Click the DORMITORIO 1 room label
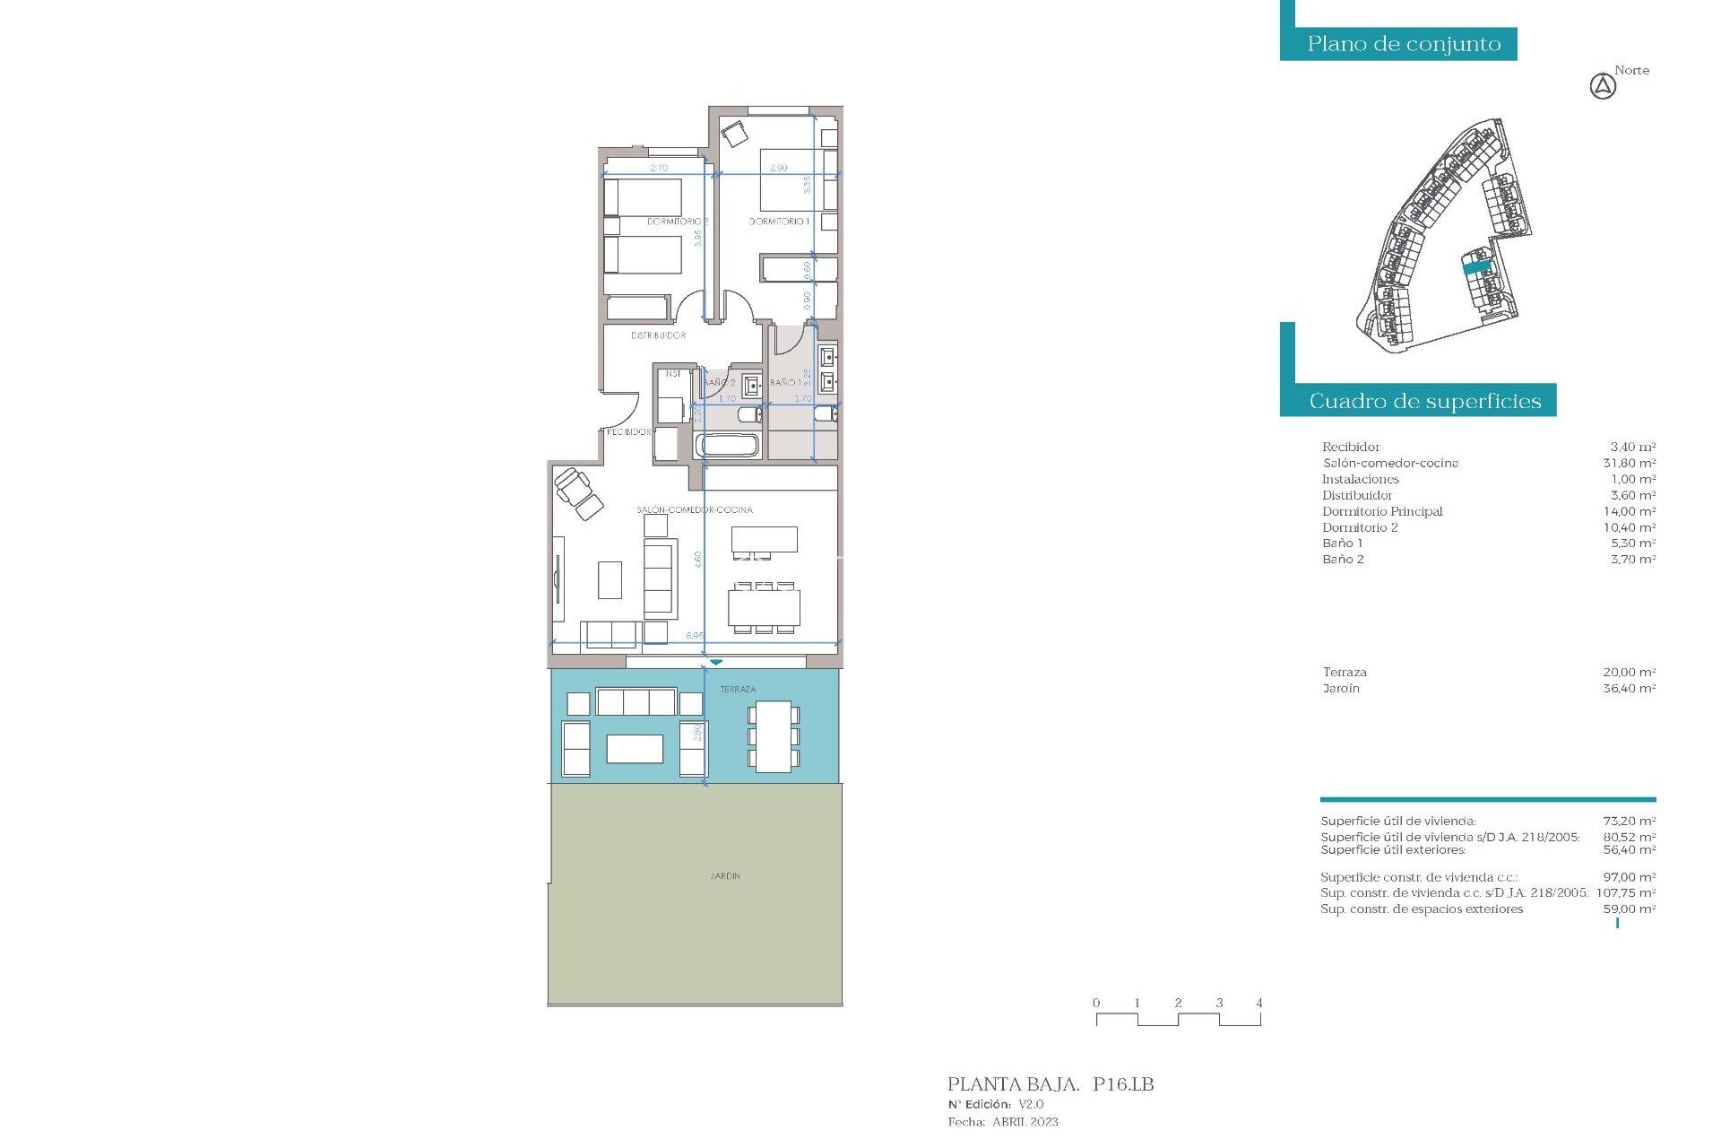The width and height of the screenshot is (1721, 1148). (x=779, y=222)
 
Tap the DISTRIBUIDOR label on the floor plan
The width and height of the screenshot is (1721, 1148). (x=658, y=335)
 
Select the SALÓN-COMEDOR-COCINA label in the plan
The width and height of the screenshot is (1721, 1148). (x=695, y=509)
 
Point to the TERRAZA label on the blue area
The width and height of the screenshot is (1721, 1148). (x=738, y=689)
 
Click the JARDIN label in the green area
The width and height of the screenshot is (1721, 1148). (x=725, y=875)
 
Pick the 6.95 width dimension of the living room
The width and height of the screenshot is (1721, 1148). (x=695, y=635)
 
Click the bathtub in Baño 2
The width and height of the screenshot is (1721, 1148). (x=727, y=445)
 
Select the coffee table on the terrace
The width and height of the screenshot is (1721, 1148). (x=635, y=748)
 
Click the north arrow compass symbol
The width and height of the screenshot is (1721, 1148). (x=1603, y=87)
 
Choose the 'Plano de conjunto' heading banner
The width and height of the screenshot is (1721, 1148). (x=1403, y=44)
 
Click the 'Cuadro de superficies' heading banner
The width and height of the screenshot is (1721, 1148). (x=1424, y=401)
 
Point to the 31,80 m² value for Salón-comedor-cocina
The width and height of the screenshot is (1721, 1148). (x=1629, y=463)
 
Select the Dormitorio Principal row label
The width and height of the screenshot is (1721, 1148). (x=1382, y=511)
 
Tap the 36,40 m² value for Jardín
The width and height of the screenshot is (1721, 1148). (x=1629, y=688)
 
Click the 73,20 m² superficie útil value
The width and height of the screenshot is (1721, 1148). (x=1629, y=821)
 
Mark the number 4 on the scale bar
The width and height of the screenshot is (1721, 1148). (x=1259, y=1003)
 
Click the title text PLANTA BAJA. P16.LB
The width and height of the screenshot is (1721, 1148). (x=1051, y=1084)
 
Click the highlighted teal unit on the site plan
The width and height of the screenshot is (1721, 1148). (x=1475, y=267)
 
